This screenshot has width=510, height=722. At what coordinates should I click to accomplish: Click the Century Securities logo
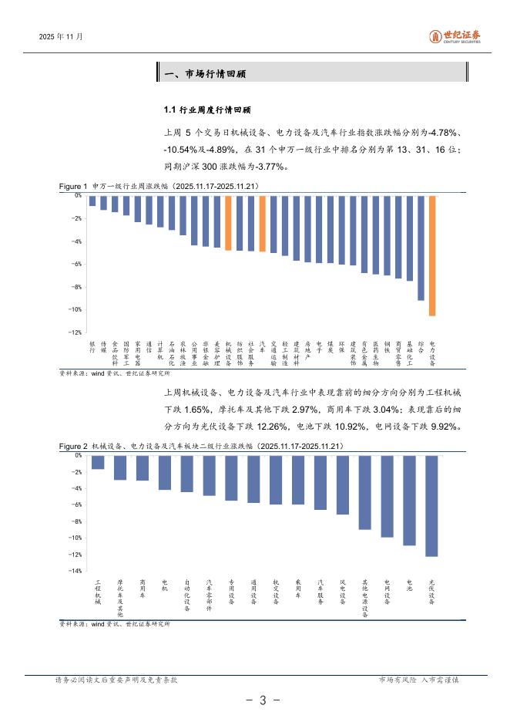454,36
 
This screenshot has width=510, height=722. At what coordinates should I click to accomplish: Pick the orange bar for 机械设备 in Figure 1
228,223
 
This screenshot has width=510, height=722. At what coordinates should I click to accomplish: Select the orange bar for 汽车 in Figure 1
262,224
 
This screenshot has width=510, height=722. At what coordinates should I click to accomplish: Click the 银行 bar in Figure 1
92,201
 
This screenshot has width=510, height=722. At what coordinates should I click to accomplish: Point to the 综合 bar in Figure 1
421,248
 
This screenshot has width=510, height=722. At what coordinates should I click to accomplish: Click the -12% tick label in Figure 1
76,332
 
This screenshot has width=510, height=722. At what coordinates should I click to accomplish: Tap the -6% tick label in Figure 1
76,264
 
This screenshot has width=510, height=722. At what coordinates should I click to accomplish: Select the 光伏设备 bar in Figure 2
431,505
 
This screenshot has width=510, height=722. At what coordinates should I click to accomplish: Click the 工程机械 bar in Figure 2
98,462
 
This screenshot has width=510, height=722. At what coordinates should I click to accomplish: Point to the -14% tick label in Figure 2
76,571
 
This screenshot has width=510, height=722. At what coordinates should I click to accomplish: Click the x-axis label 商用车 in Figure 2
143,590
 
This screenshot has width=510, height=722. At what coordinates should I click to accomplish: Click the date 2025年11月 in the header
61,36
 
